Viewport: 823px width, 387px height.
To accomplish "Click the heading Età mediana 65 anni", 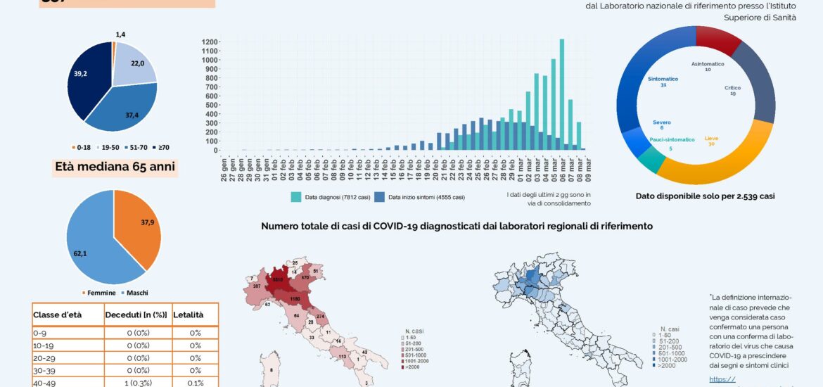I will pyautogui.click(x=115, y=167).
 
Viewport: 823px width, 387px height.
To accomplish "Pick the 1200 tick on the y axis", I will pyautogui.click(x=210, y=42).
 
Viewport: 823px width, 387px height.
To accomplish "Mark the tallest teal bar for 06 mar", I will pyautogui.click(x=562, y=94).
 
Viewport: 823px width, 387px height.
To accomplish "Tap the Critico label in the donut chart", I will pyautogui.click(x=732, y=89).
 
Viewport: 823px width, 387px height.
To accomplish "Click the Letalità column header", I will pyautogui.click(x=189, y=315).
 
